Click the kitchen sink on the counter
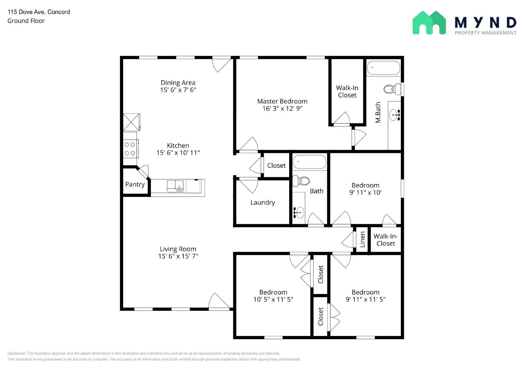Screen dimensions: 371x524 [176, 186]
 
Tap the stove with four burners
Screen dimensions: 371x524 [130, 149]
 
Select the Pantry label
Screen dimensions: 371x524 [135, 184]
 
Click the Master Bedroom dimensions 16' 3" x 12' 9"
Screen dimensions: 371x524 [282, 108]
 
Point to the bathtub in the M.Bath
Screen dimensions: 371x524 [384, 68]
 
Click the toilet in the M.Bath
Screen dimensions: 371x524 [392, 89]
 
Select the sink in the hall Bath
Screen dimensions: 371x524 [299, 212]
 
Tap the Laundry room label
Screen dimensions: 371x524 [263, 203]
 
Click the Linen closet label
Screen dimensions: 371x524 [362, 239]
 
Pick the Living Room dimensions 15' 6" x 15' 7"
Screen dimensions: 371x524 [178, 256]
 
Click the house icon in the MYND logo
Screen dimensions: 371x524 [429, 23]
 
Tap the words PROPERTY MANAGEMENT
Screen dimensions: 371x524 [485, 33]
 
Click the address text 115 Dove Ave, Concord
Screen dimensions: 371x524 [39, 12]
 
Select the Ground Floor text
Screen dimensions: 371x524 [26, 21]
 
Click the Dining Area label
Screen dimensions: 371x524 [178, 83]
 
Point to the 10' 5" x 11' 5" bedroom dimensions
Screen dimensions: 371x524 [273, 299]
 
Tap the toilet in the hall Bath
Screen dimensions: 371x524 [301, 181]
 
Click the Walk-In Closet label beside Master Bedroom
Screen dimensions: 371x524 [347, 91]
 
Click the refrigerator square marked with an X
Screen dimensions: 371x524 [131, 122]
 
